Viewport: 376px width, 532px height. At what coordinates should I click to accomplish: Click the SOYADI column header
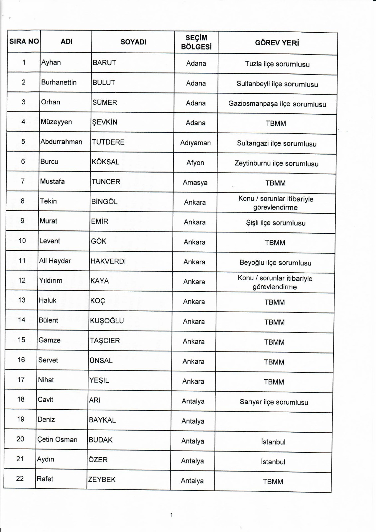[x=133, y=42]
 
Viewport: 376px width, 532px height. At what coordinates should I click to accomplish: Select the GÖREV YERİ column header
[x=277, y=43]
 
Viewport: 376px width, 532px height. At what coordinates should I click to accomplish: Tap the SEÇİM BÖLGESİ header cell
[x=196, y=42]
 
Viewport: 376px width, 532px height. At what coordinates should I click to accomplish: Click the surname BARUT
[x=104, y=63]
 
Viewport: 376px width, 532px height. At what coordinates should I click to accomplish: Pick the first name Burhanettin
[x=59, y=82]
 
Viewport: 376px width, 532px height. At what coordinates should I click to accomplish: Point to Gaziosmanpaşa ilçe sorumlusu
[x=277, y=104]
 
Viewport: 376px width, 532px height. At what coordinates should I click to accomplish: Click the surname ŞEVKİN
[x=105, y=122]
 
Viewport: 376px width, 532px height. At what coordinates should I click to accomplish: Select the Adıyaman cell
[x=195, y=143]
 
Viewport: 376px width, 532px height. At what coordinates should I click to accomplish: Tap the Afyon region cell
[x=195, y=163]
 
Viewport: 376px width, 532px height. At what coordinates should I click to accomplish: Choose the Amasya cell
[x=195, y=183]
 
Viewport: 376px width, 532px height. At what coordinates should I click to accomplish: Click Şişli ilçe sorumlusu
[x=276, y=223]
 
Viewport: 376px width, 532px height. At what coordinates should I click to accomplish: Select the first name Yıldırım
[x=51, y=281]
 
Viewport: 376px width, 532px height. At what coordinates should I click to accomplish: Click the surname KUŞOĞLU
[x=107, y=321]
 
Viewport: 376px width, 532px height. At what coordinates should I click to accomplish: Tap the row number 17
[x=21, y=380]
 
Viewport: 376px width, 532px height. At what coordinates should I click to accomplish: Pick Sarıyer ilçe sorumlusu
[x=274, y=402]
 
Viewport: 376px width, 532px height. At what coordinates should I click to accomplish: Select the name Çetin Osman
[x=57, y=440]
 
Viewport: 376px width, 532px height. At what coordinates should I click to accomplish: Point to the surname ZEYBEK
[x=102, y=479]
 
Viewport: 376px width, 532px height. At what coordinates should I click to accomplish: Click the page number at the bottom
[x=172, y=515]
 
